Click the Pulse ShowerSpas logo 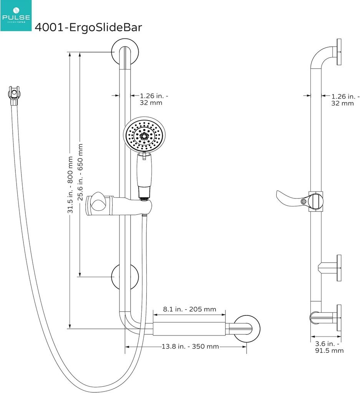(x=15, y=15)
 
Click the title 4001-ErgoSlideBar (x=88, y=28)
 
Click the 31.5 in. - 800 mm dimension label (x=70, y=184)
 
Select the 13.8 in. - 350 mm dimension (x=190, y=347)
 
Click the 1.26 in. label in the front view (x=154, y=99)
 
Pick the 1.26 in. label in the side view (x=344, y=100)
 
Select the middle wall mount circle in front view (x=126, y=277)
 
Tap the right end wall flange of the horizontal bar (x=246, y=329)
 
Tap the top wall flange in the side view (x=339, y=53)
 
